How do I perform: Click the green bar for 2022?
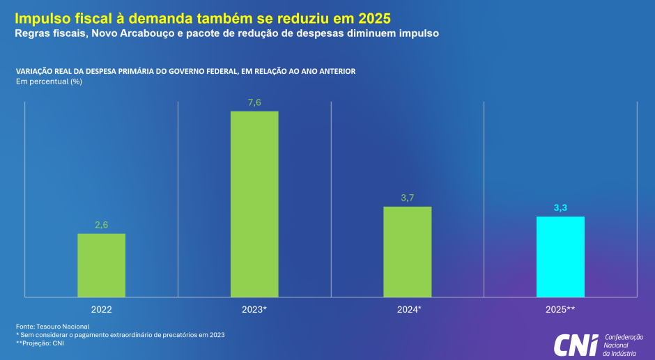(101, 265)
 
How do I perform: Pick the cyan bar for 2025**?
(560, 257)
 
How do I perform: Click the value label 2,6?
(102, 224)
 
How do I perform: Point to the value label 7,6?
(254, 102)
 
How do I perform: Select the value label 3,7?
(408, 198)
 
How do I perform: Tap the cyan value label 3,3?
(560, 208)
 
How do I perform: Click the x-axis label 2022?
(101, 308)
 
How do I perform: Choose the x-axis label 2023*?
(254, 308)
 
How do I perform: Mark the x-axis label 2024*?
(408, 308)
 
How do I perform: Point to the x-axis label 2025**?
(560, 308)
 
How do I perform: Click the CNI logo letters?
(576, 344)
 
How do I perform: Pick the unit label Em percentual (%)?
(49, 81)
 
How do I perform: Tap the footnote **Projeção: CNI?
(40, 343)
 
